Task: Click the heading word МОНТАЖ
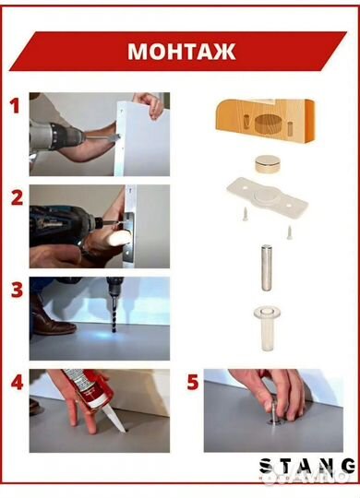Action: click(181, 51)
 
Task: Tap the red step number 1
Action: click(15, 106)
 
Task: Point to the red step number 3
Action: click(17, 290)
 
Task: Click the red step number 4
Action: click(17, 382)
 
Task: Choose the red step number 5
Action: click(193, 382)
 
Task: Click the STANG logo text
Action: click(307, 467)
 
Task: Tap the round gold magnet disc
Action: click(267, 164)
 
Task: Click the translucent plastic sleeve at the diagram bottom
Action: click(267, 328)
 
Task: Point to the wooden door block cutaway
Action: click(266, 122)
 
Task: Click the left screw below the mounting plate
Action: click(245, 213)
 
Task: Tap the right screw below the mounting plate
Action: click(289, 232)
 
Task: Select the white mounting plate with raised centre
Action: click(268, 197)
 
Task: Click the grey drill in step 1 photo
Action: click(56, 138)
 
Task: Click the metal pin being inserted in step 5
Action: click(274, 412)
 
